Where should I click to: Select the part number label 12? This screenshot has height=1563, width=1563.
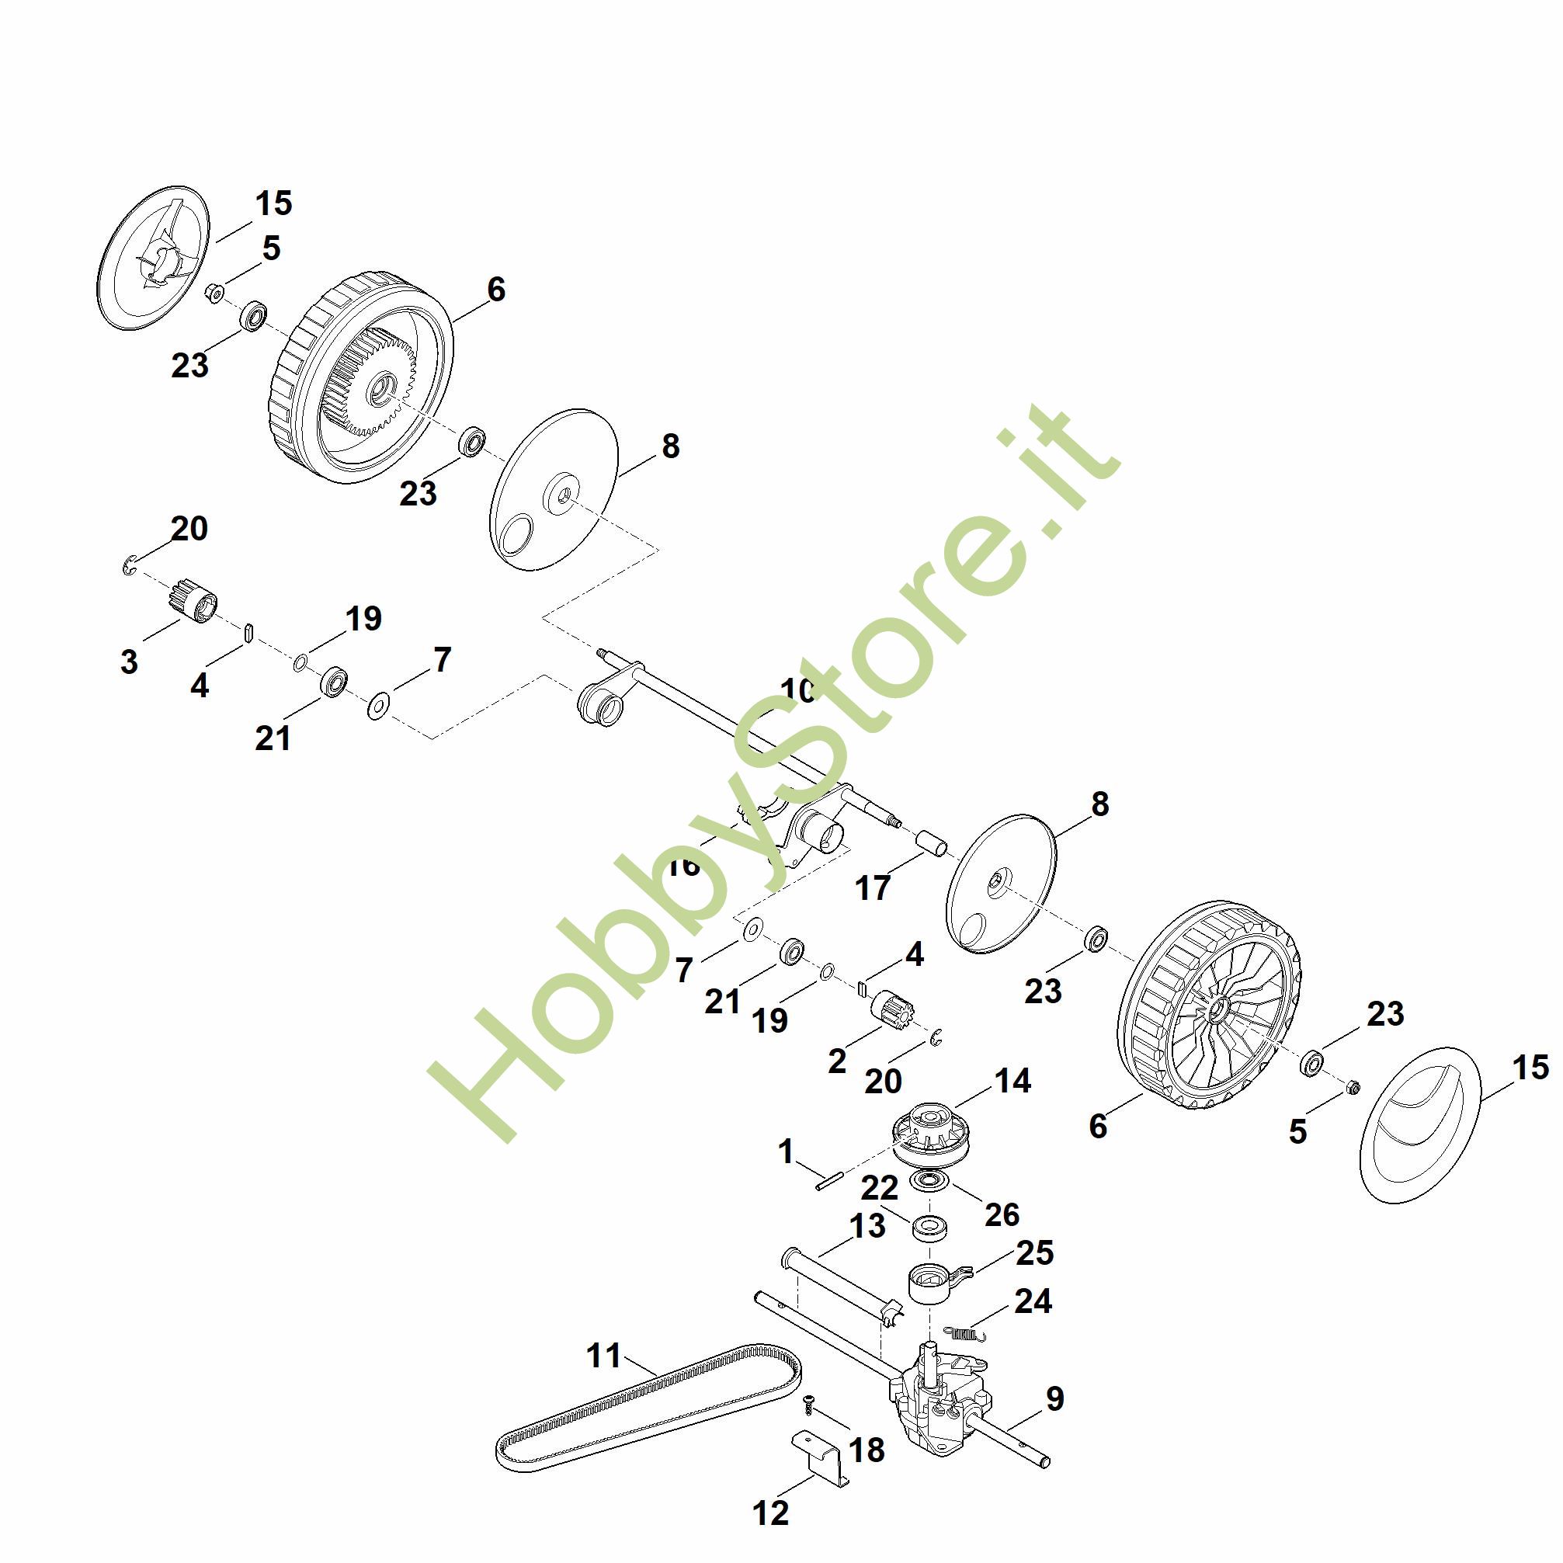(x=770, y=1512)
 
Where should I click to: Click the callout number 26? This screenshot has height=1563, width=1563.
(x=1002, y=1214)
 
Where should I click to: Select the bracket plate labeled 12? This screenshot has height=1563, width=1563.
(x=819, y=1461)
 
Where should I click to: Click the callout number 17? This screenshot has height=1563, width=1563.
(x=872, y=888)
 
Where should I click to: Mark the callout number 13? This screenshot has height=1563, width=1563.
(x=867, y=1227)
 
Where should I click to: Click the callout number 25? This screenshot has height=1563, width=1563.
(x=1035, y=1252)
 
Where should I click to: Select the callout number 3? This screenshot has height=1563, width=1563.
(x=130, y=662)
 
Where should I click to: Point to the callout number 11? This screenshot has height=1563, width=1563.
(x=603, y=1355)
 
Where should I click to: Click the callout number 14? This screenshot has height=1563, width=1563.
(x=1012, y=1081)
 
